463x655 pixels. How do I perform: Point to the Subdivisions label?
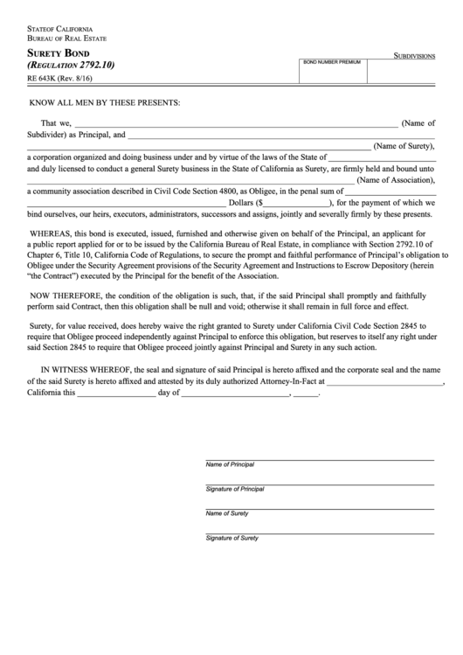pyautogui.click(x=414, y=54)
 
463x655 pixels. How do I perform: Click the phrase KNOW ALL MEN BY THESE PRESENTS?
pyautogui.click(x=105, y=103)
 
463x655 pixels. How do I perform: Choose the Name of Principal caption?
pyautogui.click(x=230, y=464)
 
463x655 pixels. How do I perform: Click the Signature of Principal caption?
pyautogui.click(x=235, y=489)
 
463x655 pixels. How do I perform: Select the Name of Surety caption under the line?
pyautogui.click(x=227, y=513)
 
